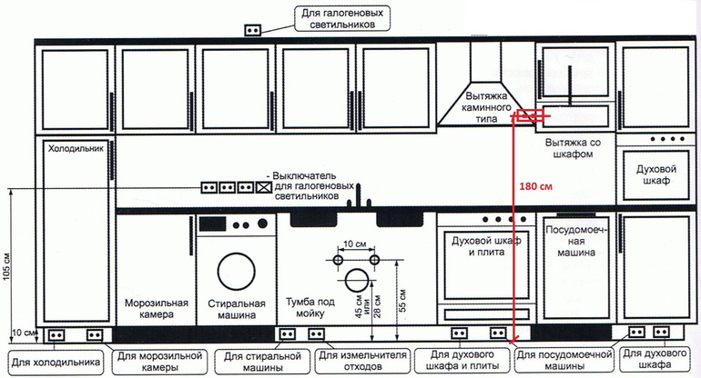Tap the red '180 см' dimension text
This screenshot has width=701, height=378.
pyautogui.click(x=536, y=185)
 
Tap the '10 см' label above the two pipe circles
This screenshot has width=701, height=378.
pyautogui.click(x=355, y=244)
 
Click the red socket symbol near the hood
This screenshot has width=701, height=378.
pyautogui.click(x=529, y=115)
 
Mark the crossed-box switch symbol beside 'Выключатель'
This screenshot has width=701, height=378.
pyautogui.click(x=264, y=187)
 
